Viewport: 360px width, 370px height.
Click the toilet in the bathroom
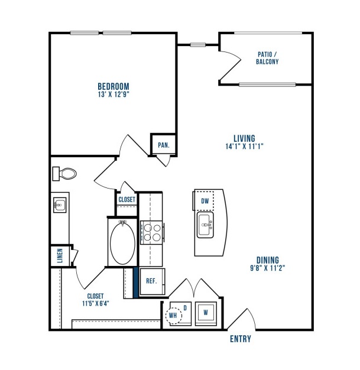(x=64, y=174)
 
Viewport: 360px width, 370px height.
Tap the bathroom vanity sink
(x=60, y=205)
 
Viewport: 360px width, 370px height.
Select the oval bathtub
(x=122, y=243)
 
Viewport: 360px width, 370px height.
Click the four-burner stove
(x=152, y=232)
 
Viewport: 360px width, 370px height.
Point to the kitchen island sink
(x=205, y=225)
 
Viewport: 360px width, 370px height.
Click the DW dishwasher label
(x=205, y=201)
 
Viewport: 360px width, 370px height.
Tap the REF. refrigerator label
(x=151, y=281)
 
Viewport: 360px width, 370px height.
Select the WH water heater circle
(x=174, y=315)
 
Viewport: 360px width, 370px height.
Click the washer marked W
(x=206, y=313)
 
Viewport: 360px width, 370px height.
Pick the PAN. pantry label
(x=164, y=145)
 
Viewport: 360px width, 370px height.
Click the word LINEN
(x=60, y=255)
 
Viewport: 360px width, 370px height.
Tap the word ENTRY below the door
(x=241, y=339)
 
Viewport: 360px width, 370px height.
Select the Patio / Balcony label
(x=267, y=58)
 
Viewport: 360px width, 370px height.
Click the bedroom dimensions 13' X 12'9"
(x=113, y=95)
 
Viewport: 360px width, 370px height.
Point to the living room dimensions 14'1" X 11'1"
(x=244, y=147)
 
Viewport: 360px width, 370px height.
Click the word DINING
(x=268, y=260)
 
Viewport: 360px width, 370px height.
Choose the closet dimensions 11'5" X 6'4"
(x=96, y=303)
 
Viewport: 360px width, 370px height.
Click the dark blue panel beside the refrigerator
(x=135, y=282)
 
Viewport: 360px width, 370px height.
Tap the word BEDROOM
(x=113, y=86)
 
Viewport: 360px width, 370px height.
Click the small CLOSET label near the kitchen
(x=127, y=200)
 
